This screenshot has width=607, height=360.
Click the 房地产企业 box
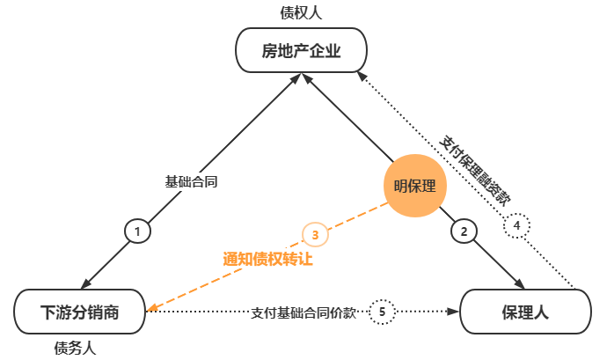pos(300,51)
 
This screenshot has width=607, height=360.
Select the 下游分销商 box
pos(79,311)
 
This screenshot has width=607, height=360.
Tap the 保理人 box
pos(525,311)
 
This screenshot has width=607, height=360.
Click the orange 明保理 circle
pos(414,186)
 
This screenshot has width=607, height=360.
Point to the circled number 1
pos(137,231)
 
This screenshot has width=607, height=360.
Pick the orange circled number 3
pos(315,234)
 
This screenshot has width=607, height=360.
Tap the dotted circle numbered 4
pos(517,226)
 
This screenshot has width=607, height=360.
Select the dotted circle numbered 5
pos(382,311)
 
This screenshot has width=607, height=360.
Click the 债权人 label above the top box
pos(300,12)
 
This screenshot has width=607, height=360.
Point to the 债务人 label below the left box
pos(75,349)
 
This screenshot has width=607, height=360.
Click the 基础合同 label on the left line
pos(192,182)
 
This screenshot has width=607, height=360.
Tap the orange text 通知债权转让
pos(267,259)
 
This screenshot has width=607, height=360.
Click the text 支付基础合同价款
pos(303,312)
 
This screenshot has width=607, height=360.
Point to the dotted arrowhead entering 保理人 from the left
pos(455,311)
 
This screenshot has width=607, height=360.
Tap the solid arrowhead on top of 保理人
pos(520,283)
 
